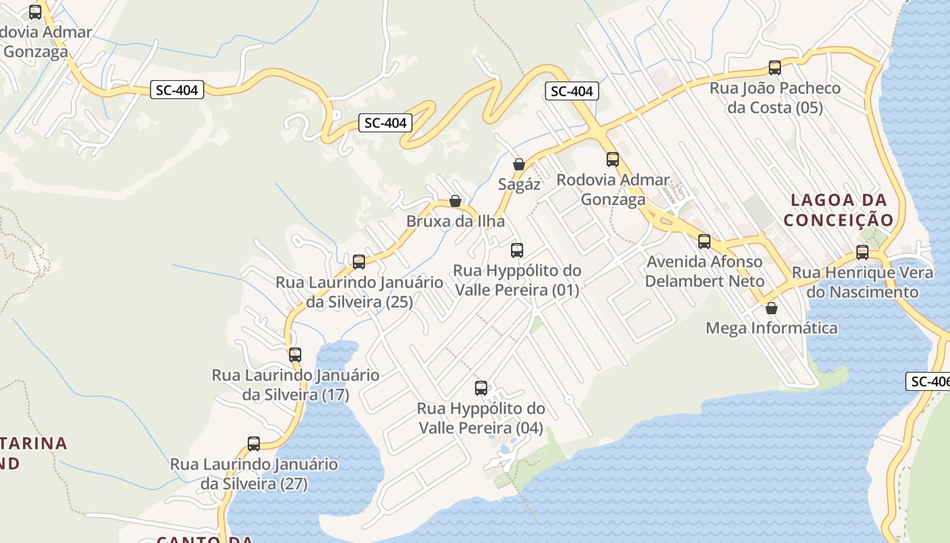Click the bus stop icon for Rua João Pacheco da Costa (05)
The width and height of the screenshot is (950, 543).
[x=774, y=67]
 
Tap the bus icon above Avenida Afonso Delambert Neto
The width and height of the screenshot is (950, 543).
[x=704, y=241]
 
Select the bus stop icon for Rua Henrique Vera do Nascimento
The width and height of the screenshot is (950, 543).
[x=862, y=252]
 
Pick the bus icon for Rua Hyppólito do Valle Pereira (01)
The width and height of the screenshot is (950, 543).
[x=517, y=250]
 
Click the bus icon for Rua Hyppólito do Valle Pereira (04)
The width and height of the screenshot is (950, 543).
[x=481, y=388]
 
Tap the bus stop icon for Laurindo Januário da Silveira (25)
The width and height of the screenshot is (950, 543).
[x=359, y=261]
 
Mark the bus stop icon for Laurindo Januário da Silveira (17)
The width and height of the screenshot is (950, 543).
[x=294, y=354]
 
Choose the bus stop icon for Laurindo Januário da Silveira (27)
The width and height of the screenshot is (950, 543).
[x=254, y=444]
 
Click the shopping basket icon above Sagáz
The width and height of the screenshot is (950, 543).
[x=519, y=164]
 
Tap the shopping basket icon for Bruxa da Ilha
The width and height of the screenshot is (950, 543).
[x=455, y=201]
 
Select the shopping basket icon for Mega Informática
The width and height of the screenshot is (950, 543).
[x=772, y=308]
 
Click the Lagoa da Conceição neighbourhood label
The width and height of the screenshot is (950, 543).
[x=839, y=210]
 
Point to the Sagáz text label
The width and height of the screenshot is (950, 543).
[x=519, y=184]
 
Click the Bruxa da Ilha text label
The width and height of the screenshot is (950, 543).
[x=455, y=221]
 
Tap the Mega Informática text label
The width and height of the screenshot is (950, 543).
[x=772, y=329]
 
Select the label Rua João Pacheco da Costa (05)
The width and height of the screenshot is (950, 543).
[x=775, y=98]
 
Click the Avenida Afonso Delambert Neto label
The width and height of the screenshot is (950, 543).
[x=704, y=271]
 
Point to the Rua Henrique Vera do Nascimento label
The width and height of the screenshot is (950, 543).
[x=862, y=282]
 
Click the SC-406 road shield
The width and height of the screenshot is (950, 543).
[x=928, y=381]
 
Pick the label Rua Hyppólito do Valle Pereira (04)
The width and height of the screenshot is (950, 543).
[x=481, y=418]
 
